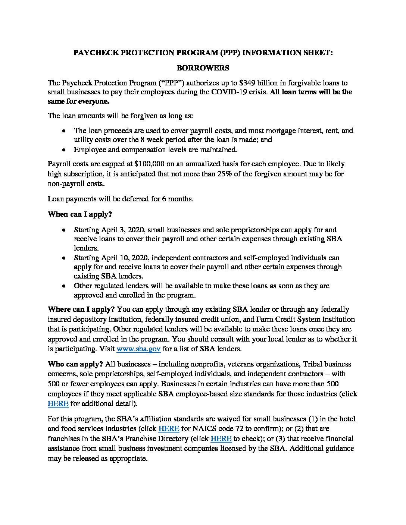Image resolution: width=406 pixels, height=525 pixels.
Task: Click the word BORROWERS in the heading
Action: click(203, 68)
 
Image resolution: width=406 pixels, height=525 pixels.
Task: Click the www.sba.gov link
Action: click(138, 349)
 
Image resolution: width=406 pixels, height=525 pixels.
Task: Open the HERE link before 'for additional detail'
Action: click(58, 403)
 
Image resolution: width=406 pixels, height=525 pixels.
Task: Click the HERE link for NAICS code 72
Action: click(169, 428)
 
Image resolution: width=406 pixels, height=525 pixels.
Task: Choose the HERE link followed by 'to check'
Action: click(221, 438)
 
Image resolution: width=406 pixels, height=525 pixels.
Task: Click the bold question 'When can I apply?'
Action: click(80, 214)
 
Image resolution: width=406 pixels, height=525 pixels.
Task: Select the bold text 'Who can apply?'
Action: click(75, 364)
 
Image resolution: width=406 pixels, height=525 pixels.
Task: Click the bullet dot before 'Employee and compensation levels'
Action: click(65, 150)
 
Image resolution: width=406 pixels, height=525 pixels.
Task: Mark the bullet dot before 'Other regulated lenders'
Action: click(65, 286)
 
